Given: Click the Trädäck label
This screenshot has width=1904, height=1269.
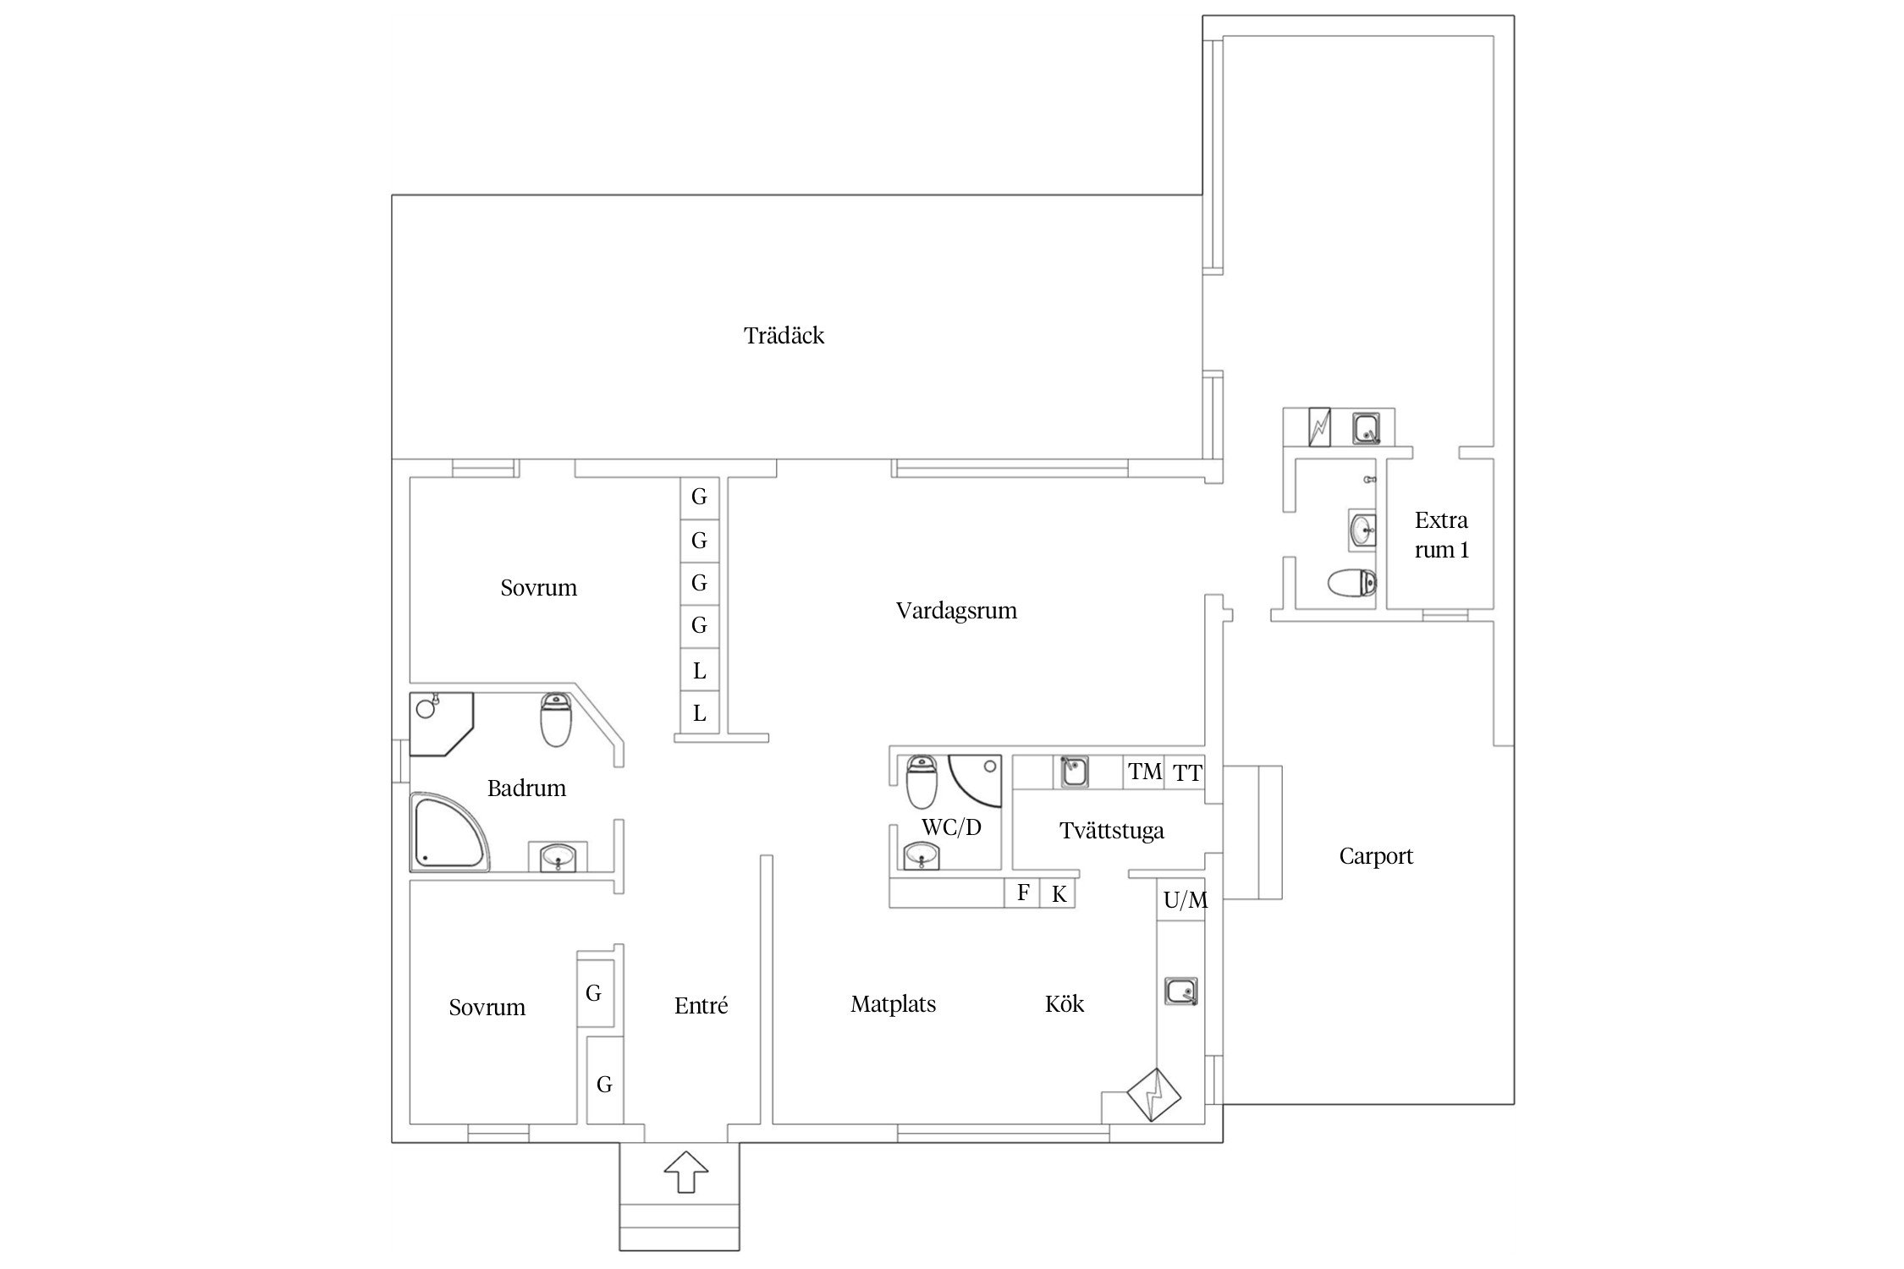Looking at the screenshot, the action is click(x=784, y=336).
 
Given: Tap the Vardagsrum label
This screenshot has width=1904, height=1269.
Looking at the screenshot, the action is click(x=956, y=611).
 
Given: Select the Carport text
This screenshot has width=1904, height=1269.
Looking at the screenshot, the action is click(x=1376, y=857).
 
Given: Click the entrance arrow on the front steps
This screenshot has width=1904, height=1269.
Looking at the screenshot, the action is click(x=685, y=1172).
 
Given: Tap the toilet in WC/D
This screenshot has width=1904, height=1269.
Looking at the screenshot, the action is click(x=921, y=781).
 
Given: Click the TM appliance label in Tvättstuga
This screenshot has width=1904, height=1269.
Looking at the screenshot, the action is click(x=1145, y=772).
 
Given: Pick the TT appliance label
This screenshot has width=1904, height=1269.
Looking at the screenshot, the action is click(x=1187, y=772).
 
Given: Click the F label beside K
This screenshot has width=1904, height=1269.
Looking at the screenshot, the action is click(x=1023, y=893).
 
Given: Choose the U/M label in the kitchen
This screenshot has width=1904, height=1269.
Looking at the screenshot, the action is click(x=1186, y=901).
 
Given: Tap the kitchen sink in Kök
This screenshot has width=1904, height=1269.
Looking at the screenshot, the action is click(x=1181, y=991).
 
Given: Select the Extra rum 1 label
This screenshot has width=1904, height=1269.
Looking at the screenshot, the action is click(x=1441, y=535).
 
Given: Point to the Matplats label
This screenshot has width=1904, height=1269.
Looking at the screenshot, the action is click(x=893, y=1004).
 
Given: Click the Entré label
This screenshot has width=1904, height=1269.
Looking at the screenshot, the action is click(x=701, y=1005).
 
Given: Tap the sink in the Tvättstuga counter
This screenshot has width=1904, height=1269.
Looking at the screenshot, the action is click(x=1075, y=772).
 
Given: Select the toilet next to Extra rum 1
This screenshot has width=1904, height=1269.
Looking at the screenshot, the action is click(x=1351, y=584).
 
